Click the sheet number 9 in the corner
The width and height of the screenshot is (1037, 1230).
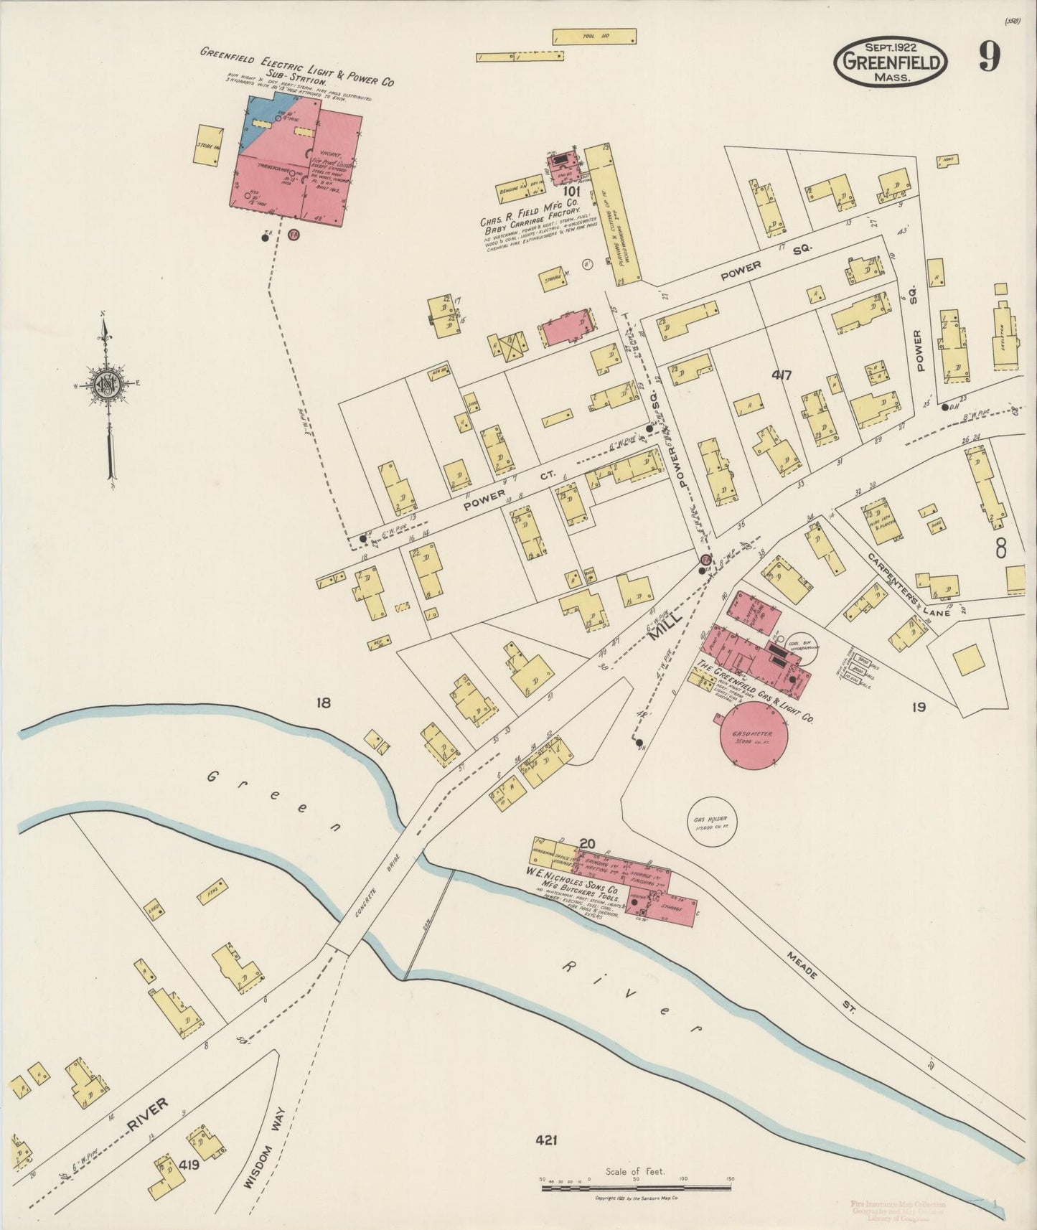[x=988, y=57]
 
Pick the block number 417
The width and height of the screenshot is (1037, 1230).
[x=782, y=375]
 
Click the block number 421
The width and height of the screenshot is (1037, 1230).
[x=546, y=1140]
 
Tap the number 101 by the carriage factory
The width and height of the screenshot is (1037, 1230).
[x=571, y=192]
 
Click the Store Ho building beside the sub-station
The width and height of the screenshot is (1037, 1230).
[x=207, y=146]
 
